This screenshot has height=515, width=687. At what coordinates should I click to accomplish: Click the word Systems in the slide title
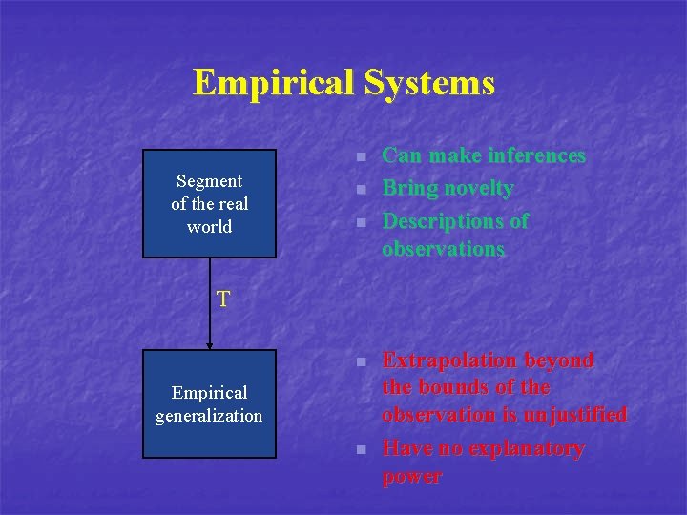click(427, 82)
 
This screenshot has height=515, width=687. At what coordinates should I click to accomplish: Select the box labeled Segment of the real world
click(209, 203)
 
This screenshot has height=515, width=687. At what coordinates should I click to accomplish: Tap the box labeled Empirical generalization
click(209, 403)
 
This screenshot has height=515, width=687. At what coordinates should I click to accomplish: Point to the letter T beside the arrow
click(222, 299)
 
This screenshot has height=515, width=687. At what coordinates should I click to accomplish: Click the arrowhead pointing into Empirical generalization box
click(209, 344)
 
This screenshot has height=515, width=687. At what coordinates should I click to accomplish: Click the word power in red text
click(411, 476)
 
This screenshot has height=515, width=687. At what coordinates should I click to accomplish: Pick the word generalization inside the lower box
click(209, 415)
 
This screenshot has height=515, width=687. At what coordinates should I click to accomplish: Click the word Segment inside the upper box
click(209, 181)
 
